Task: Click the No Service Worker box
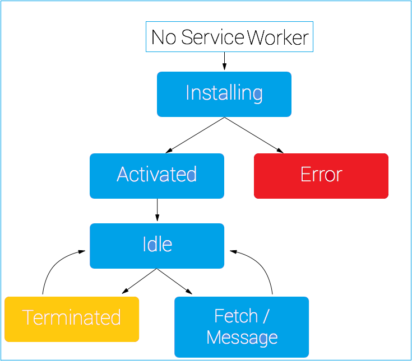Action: pyautogui.click(x=229, y=37)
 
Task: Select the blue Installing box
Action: pyautogui.click(x=224, y=94)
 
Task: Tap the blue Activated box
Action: pyautogui.click(x=156, y=176)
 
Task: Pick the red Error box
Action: pyautogui.click(x=321, y=176)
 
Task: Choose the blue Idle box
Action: pyautogui.click(x=156, y=246)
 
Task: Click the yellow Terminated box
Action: pyautogui.click(x=71, y=318)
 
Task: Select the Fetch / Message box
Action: pyautogui.click(x=241, y=327)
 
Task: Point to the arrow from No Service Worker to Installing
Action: pyautogui.click(x=224, y=61)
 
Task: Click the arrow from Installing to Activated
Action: pyautogui.click(x=195, y=135)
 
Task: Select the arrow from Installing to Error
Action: pyautogui.click(x=253, y=135)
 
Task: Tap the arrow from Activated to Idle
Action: pyautogui.click(x=157, y=210)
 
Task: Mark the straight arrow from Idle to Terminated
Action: pyautogui.click(x=140, y=281)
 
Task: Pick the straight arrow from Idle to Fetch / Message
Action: pyautogui.click(x=174, y=281)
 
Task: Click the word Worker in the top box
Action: pyautogui.click(x=278, y=37)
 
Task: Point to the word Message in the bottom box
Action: pyautogui.click(x=242, y=337)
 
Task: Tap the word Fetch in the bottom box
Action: pyautogui.click(x=235, y=316)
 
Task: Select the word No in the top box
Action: pyautogui.click(x=164, y=37)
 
